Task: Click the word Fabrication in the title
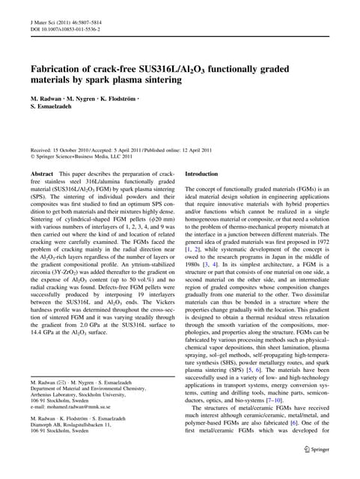57,70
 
